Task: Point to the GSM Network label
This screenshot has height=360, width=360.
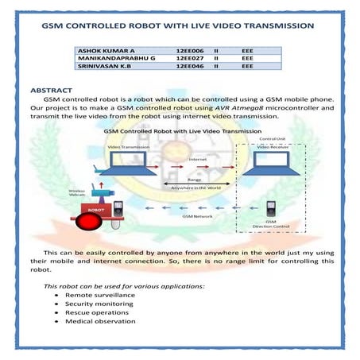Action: [x=194, y=215]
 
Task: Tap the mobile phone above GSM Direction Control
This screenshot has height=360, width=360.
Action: [x=270, y=209]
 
